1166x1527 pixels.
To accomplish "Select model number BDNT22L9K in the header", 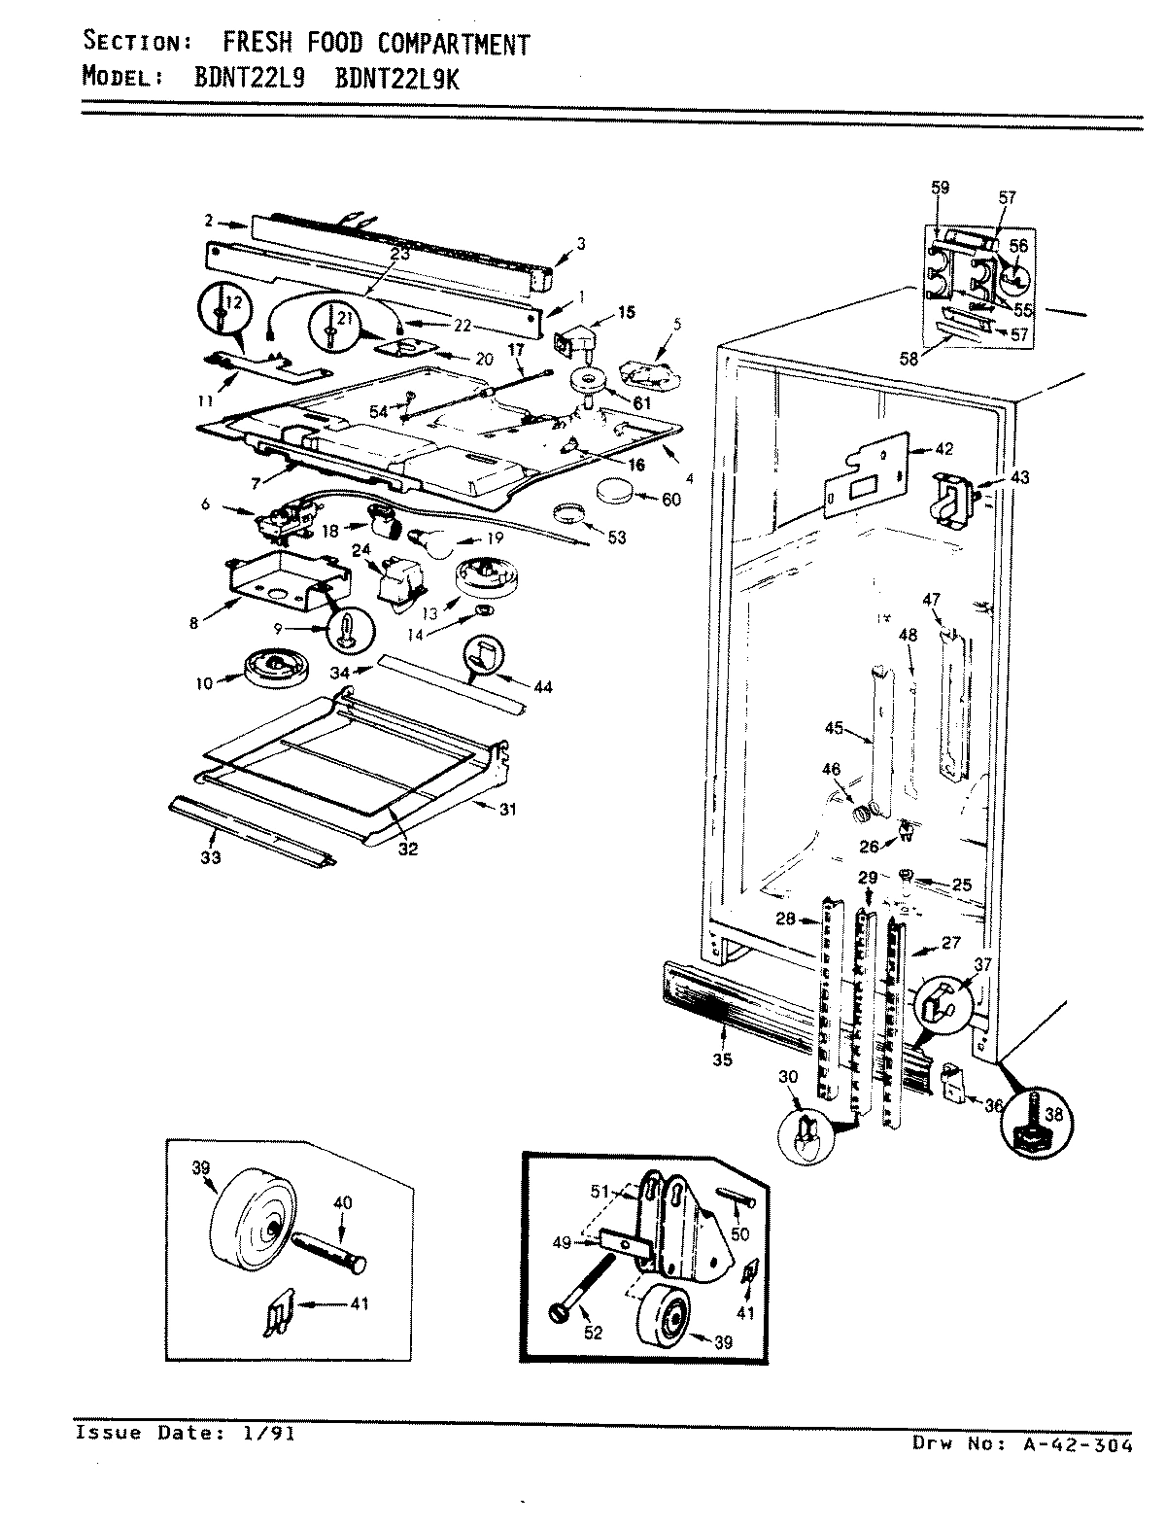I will point(395,79).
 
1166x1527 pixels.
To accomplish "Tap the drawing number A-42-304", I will point(1076,1444).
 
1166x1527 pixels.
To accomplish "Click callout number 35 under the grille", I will point(721,1059).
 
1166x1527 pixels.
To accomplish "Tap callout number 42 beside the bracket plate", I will point(943,449).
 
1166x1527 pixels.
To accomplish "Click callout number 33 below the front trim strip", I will point(211,857).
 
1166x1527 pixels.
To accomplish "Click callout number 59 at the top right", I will point(940,187).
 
